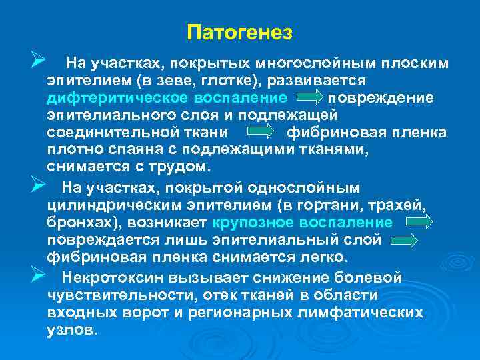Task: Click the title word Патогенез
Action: (240, 31)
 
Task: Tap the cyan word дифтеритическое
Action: (113, 98)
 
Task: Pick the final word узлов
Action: (73, 329)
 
